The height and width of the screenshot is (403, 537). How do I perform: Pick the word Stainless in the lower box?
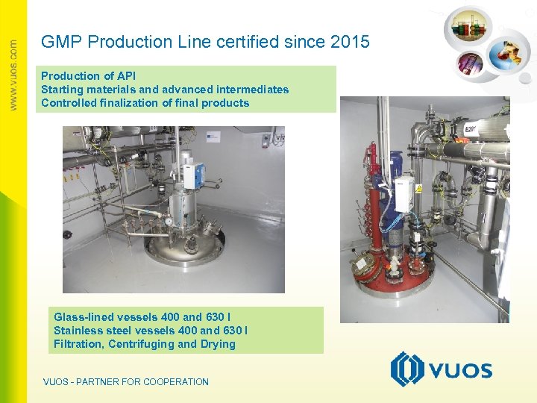(78, 331)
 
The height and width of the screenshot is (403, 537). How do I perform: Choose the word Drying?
(217, 344)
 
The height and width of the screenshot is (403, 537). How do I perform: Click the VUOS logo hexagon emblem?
(407, 369)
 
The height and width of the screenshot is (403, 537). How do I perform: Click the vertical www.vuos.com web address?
(13, 75)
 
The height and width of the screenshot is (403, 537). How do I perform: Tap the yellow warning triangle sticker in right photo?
(418, 188)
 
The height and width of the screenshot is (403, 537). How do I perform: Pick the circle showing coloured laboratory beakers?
(468, 29)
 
